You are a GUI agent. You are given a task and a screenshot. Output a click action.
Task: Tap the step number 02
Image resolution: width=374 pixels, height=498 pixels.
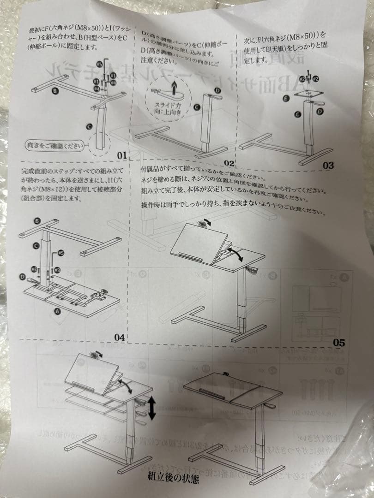point(229,163)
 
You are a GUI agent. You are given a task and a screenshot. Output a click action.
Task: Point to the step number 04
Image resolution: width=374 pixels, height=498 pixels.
point(119,337)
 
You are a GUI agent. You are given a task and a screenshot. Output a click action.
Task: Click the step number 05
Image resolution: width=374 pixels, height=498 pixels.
point(339,342)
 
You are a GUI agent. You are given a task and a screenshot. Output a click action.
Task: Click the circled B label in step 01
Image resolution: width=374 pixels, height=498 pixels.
point(55,91)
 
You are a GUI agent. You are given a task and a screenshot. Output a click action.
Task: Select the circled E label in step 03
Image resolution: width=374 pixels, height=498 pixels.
point(286,98)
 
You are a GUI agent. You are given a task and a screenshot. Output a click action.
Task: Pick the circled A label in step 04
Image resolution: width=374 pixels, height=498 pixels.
point(57,312)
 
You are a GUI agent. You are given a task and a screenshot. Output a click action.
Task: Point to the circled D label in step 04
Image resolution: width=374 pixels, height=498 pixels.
point(23,276)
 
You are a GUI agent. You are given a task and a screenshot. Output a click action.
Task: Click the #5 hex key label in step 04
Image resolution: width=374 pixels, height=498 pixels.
point(61,253)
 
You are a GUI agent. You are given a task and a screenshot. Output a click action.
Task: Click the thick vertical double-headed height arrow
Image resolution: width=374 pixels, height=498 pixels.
point(152,408)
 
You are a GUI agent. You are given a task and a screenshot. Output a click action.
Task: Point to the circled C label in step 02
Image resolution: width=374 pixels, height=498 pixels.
point(197,107)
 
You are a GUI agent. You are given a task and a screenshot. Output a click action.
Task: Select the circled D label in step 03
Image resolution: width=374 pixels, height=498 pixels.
point(320,111)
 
